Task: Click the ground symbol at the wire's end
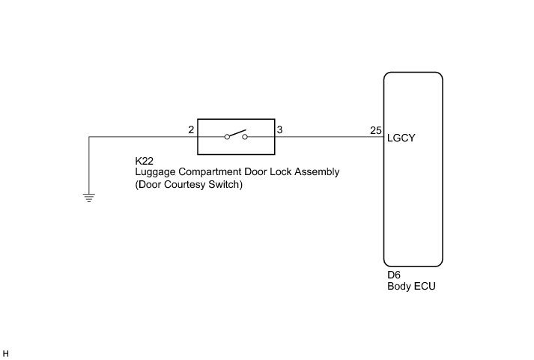click(x=89, y=198)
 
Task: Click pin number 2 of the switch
click(x=192, y=130)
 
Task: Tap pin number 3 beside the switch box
click(x=279, y=130)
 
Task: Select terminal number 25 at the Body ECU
click(x=375, y=130)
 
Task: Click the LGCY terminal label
click(x=401, y=138)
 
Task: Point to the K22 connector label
click(x=144, y=161)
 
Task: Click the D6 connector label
click(x=394, y=275)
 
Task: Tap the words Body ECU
click(x=411, y=286)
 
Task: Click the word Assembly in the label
click(x=318, y=172)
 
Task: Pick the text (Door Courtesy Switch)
click(x=189, y=184)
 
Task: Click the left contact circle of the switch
click(x=227, y=138)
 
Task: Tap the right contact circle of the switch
click(x=244, y=138)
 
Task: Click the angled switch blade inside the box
click(x=236, y=134)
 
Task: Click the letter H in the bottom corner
click(x=6, y=353)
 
